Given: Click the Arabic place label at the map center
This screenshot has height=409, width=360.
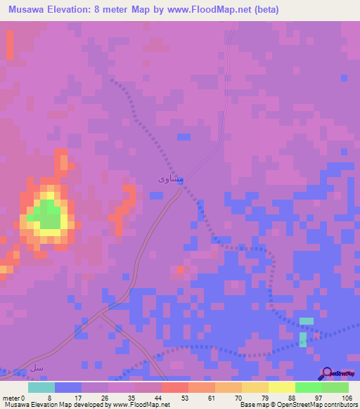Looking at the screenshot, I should tap(172, 179).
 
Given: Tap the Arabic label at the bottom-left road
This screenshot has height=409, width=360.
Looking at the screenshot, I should tap(37, 367).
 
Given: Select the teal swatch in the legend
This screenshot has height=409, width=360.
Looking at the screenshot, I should tap(41, 387).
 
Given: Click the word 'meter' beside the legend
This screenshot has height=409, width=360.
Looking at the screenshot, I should tap(11, 398).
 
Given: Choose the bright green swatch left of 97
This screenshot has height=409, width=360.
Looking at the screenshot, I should tap(309, 387).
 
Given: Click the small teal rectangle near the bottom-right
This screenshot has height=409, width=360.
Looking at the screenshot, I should tap(306, 320).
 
